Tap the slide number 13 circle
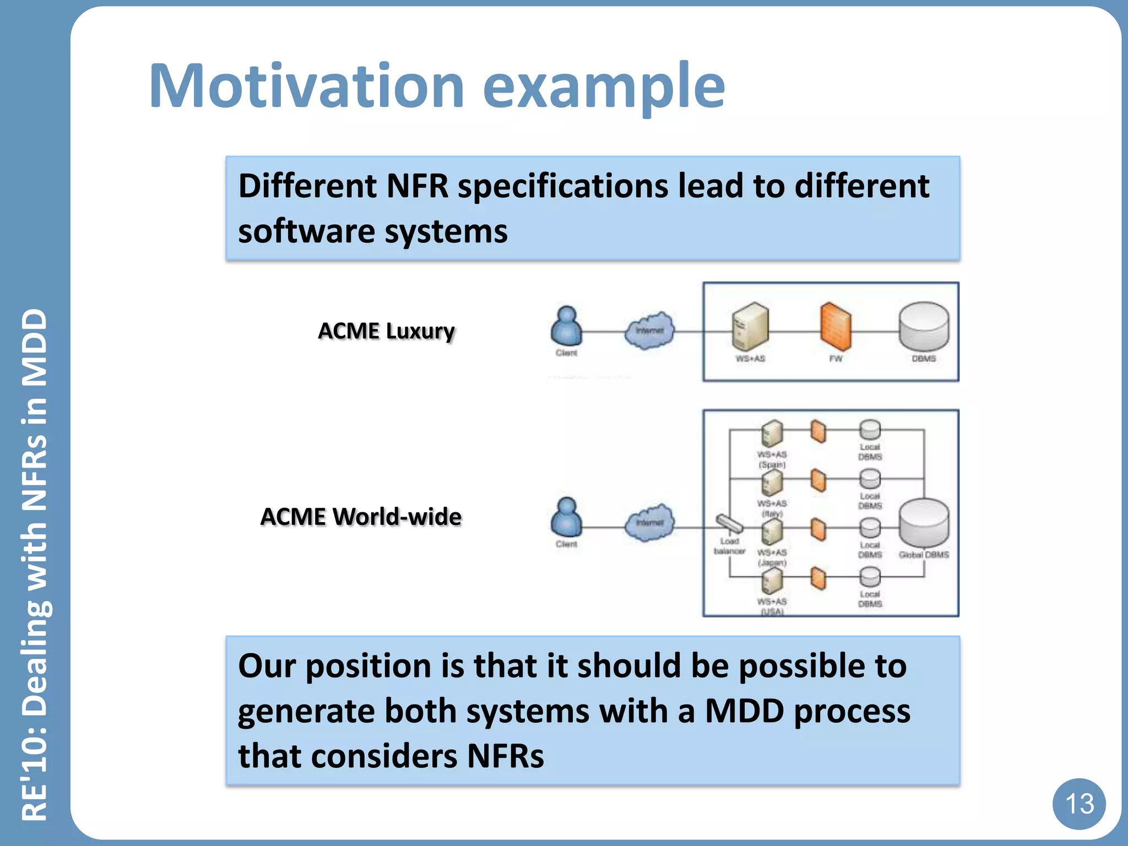tap(1078, 804)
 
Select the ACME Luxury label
tap(386, 331)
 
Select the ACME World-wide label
tap(361, 517)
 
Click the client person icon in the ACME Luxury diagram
tap(566, 326)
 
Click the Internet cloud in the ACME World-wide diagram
tap(649, 522)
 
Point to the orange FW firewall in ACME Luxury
tap(836, 326)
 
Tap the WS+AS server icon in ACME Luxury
tap(750, 326)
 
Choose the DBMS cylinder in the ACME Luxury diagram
tap(924, 326)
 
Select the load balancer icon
tap(729, 523)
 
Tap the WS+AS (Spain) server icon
tap(772, 433)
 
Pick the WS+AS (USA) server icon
tap(772, 581)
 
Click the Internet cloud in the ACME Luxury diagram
tap(649, 330)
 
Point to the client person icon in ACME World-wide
tap(566, 518)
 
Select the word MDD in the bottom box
tap(744, 711)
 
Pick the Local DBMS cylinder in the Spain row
tap(870, 430)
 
